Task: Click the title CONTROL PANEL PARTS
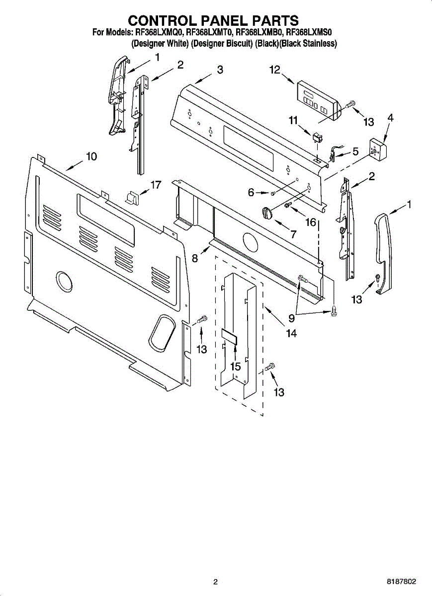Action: (214, 20)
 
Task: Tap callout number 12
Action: (275, 70)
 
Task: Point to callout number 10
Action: (91, 156)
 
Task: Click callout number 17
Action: (156, 185)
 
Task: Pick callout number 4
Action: (390, 118)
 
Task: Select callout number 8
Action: (195, 258)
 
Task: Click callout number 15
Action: (235, 367)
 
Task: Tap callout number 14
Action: (291, 334)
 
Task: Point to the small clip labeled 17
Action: (133, 198)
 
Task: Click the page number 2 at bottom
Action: (215, 582)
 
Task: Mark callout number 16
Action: (311, 222)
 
